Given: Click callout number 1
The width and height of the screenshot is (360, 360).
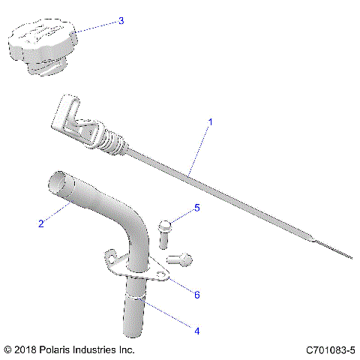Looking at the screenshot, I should point(210,121).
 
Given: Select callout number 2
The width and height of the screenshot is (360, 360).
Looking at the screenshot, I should point(42,223).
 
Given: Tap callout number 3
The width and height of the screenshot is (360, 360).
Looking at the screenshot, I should point(121,21).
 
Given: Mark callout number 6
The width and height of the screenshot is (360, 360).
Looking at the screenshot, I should point(197,295).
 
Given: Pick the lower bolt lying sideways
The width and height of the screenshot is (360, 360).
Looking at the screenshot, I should point(181,259).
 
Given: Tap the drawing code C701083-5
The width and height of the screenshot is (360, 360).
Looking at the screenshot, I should point(330,350).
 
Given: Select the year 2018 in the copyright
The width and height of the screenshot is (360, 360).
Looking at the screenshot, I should point(25,350).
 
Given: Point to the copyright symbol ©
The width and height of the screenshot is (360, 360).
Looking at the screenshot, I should point(8,350).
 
